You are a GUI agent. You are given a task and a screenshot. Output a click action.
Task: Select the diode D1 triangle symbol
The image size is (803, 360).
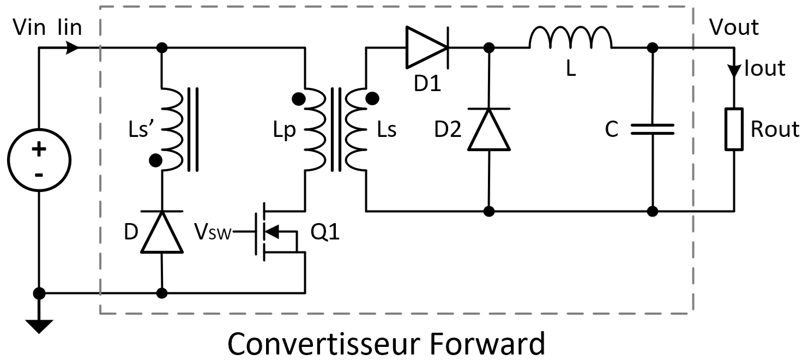[x=427, y=48]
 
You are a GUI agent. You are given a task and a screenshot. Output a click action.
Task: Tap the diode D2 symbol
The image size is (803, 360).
[x=489, y=129]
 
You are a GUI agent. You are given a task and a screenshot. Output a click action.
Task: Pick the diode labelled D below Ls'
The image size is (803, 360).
[x=162, y=232]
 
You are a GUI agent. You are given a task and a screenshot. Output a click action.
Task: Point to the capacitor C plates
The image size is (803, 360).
[x=653, y=129]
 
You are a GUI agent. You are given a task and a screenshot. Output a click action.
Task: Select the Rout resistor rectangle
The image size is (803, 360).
[x=734, y=129]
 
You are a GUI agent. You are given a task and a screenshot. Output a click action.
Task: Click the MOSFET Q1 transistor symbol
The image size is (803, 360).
[x=273, y=232]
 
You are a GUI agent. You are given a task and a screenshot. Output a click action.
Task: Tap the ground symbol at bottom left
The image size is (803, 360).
[x=39, y=326]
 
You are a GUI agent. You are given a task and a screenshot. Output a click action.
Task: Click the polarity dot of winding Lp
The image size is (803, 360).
[x=298, y=99]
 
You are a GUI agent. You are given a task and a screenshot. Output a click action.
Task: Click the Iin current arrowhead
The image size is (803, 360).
[x=73, y=48]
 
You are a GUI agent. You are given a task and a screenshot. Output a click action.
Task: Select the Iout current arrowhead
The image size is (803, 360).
[x=734, y=71]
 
